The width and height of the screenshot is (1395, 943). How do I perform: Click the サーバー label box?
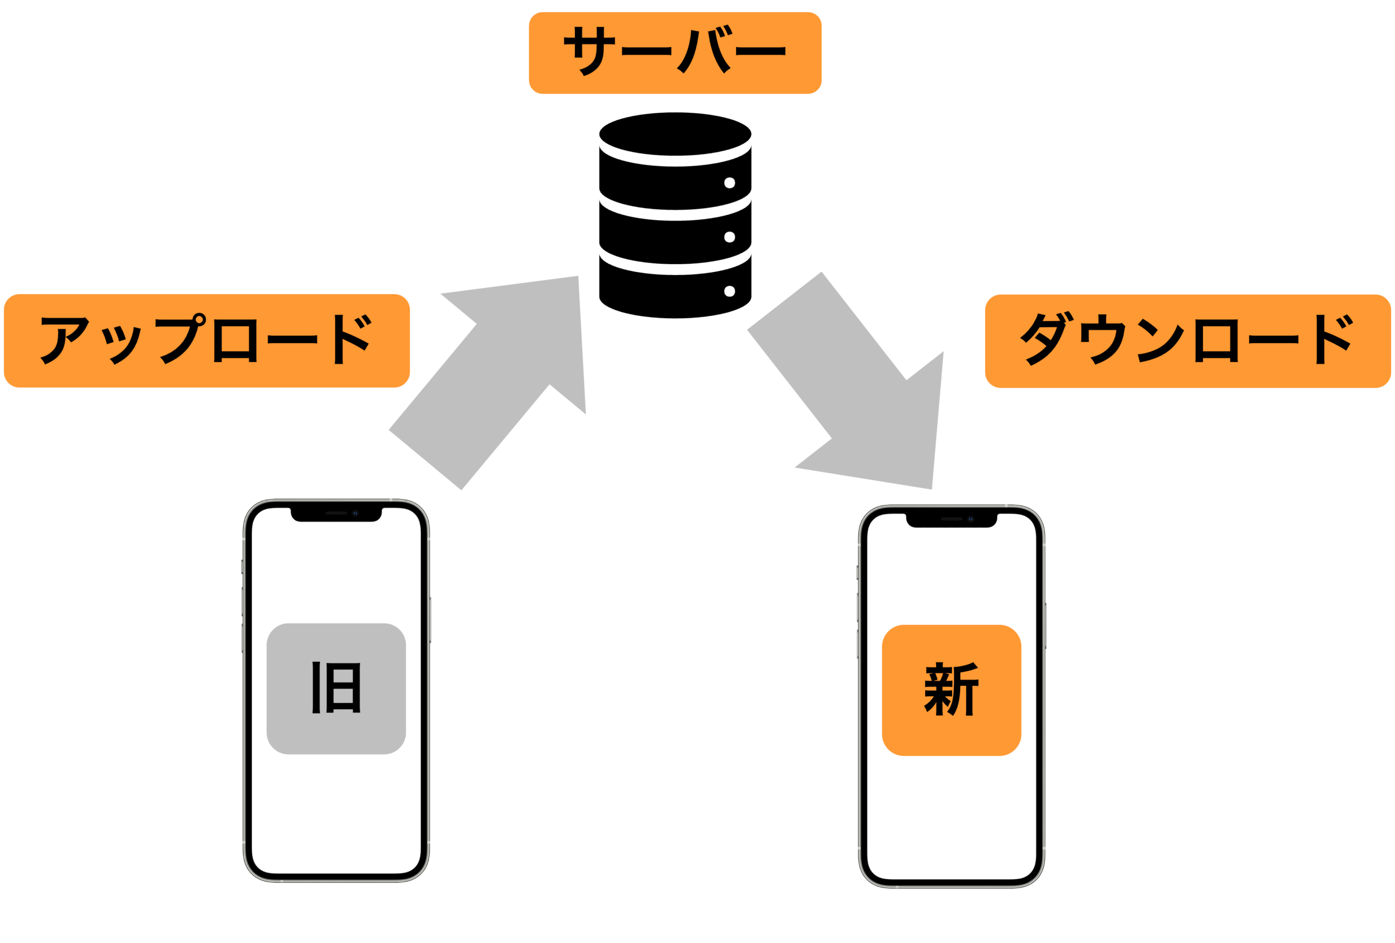click(x=675, y=53)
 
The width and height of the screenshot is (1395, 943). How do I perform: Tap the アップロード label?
click(x=207, y=340)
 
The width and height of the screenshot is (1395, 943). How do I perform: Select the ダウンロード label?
click(x=1188, y=341)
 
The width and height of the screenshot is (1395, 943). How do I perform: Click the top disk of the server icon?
click(x=675, y=134)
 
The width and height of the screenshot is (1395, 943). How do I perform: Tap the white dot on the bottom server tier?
click(x=729, y=291)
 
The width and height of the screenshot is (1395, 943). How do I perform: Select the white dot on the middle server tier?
click(x=729, y=237)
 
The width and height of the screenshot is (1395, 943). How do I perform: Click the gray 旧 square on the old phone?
click(x=336, y=689)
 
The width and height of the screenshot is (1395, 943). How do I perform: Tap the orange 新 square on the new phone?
click(x=951, y=690)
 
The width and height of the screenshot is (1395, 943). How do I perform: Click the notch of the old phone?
click(x=336, y=515)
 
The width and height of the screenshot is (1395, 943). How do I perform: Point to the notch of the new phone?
click(x=951, y=521)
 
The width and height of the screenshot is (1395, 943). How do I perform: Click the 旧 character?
click(x=336, y=688)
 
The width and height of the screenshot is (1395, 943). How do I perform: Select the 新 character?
click(x=951, y=689)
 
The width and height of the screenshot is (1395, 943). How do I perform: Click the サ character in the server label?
click(x=589, y=51)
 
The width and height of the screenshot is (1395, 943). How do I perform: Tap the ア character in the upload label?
click(x=65, y=340)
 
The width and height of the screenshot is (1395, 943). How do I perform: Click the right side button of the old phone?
click(x=430, y=619)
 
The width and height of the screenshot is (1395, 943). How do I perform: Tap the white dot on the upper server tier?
click(x=729, y=182)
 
